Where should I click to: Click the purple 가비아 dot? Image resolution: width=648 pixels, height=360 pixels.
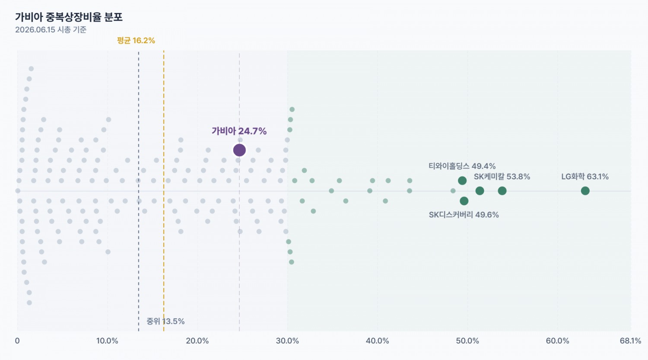click(x=239, y=150)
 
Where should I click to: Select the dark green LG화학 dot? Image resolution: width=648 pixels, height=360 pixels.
click(x=585, y=191)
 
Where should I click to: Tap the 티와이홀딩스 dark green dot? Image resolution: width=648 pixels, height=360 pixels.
click(x=462, y=181)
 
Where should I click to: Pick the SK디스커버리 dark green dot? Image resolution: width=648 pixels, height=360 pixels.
click(x=464, y=201)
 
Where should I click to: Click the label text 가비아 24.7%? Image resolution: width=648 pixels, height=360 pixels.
click(x=239, y=131)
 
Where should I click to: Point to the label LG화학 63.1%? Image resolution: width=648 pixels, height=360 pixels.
click(x=585, y=176)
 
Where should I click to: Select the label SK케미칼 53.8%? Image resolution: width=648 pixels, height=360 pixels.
click(x=502, y=176)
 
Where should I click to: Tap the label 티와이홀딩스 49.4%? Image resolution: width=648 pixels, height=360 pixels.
click(x=462, y=166)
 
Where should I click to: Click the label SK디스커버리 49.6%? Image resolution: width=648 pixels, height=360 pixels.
click(x=464, y=215)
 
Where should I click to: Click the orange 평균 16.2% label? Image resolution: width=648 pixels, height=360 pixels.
click(x=136, y=41)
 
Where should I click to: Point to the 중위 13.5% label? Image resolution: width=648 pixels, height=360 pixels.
click(x=165, y=321)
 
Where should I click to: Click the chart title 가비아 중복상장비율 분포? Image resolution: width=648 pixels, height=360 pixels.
click(x=69, y=17)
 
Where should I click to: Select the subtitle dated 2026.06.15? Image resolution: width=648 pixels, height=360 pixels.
click(x=51, y=30)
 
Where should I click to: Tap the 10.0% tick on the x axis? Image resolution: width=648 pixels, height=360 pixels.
click(x=107, y=341)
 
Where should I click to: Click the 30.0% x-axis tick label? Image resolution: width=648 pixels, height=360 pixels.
click(x=287, y=341)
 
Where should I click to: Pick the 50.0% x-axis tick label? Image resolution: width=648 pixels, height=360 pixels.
click(x=467, y=341)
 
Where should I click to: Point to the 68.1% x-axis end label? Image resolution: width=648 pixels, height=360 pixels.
click(x=630, y=341)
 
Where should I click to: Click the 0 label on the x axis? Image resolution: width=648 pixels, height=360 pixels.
click(x=17, y=341)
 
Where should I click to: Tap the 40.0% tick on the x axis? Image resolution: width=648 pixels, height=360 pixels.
click(x=377, y=341)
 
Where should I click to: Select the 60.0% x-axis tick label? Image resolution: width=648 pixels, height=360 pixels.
click(x=557, y=341)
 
